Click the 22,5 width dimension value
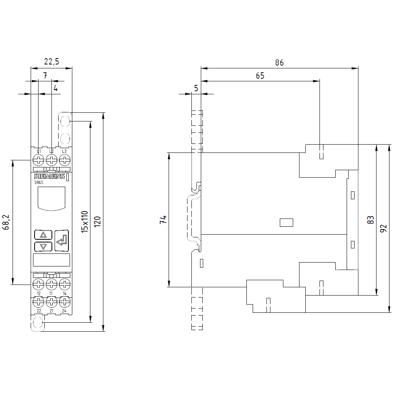(51, 61)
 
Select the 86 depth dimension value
(279, 62)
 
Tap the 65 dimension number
(260, 76)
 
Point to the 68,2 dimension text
(6, 222)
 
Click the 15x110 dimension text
(84, 222)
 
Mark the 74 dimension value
(163, 220)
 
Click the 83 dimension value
(370, 220)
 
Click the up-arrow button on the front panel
(43, 235)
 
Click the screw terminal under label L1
(39, 160)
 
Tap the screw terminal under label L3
(64, 160)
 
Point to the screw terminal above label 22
(39, 302)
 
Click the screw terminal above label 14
(64, 283)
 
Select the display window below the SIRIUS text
(51, 198)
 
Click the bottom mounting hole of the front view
(38, 323)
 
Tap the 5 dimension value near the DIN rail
(196, 88)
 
